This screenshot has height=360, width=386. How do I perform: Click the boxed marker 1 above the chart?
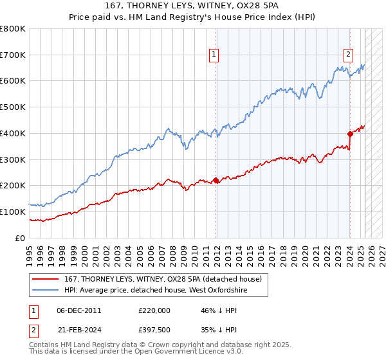coord(213,55)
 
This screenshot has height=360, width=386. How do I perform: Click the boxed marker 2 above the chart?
coord(348,55)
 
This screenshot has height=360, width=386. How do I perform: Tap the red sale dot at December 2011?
coord(216,181)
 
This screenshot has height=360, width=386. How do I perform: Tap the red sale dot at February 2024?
coord(351,134)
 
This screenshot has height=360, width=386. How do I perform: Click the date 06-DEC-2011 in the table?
coord(79,310)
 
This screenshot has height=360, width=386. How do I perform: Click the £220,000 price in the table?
coord(154,310)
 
